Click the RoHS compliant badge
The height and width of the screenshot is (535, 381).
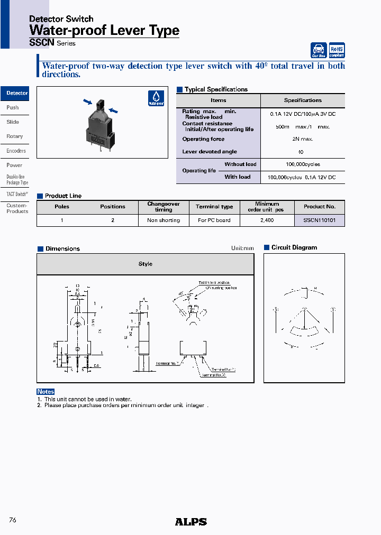click(337, 50)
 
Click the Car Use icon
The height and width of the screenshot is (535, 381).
click(319, 50)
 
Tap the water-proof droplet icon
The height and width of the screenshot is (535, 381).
click(156, 98)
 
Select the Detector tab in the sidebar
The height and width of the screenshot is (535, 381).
click(16, 93)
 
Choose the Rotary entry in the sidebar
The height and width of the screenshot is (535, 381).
click(14, 136)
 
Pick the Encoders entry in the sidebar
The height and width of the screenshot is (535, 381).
click(16, 151)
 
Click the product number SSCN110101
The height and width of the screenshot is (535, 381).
click(319, 220)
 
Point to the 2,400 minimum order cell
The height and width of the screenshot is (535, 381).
click(267, 220)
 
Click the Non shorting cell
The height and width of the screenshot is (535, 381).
click(164, 220)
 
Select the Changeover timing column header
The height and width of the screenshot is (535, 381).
click(164, 207)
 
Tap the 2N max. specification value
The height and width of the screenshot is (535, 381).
click(303, 139)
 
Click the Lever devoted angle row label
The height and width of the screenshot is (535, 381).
click(210, 152)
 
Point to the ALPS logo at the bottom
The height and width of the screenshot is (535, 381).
click(190, 522)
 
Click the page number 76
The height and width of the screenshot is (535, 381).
click(13, 520)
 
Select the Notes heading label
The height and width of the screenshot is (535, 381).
click(46, 392)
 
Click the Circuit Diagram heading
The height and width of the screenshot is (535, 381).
click(294, 247)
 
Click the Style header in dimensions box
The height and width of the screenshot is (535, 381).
click(145, 264)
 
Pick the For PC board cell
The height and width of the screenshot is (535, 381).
click(214, 220)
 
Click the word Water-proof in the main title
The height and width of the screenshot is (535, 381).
click(62, 31)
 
